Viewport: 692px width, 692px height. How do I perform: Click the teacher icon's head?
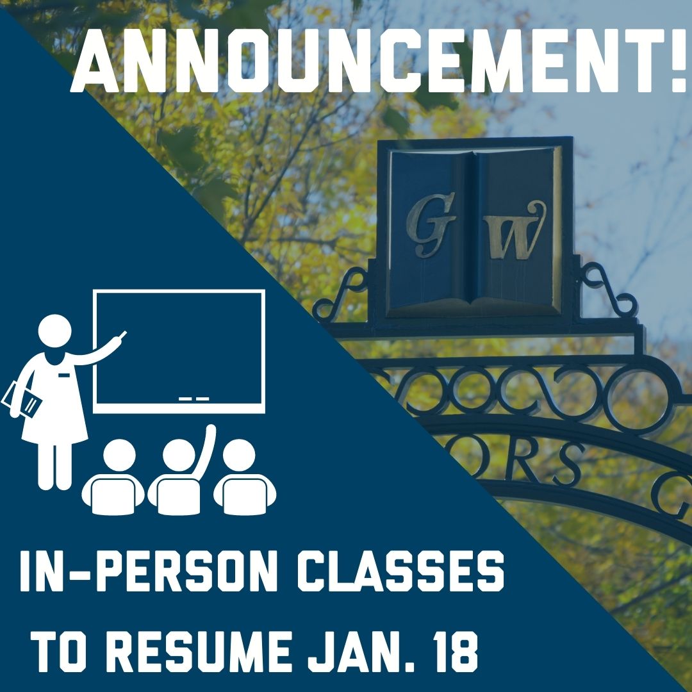click(55, 333)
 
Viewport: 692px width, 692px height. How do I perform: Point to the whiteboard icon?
click(179, 350)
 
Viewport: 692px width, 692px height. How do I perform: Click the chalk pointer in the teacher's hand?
click(120, 336)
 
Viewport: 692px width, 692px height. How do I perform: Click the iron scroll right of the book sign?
click(609, 292)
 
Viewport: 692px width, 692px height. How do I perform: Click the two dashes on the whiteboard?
click(194, 399)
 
